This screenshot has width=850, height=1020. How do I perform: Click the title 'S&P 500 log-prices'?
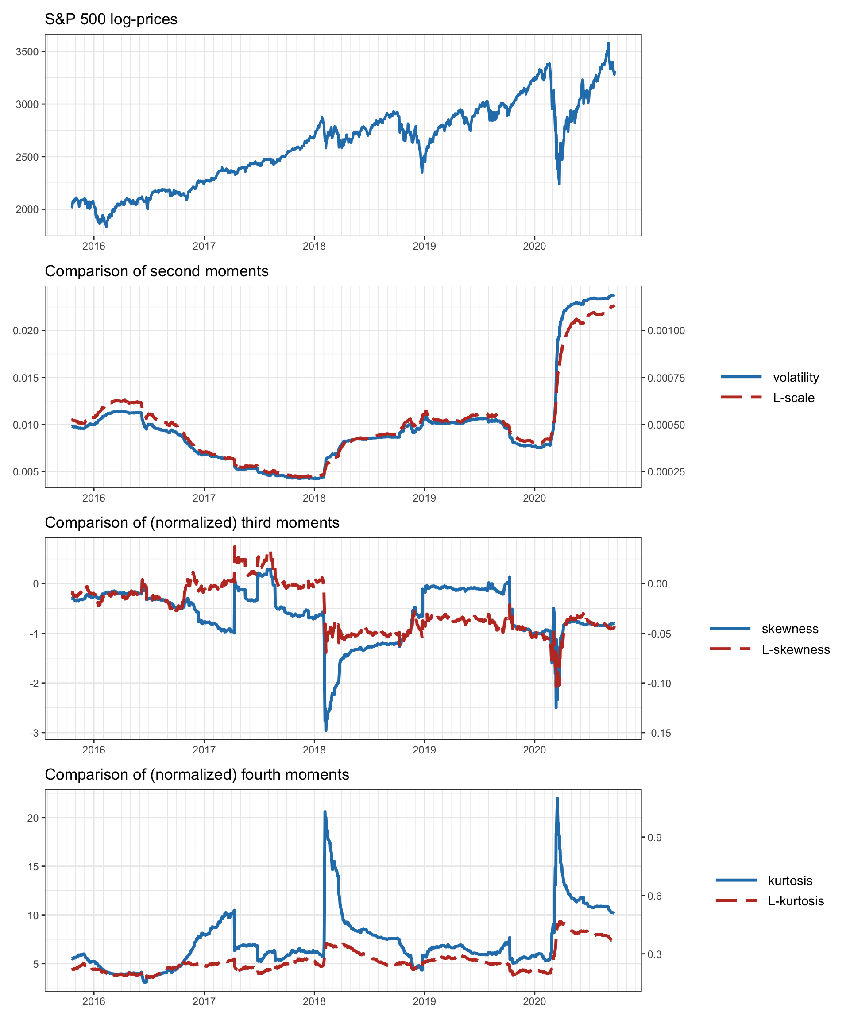tap(111, 19)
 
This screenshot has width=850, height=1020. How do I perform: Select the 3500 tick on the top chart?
tap(27, 52)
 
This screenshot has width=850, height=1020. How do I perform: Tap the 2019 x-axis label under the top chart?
tap(424, 246)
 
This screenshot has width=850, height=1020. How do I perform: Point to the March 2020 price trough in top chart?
tap(559, 184)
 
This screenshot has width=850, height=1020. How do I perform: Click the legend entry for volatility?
tap(796, 377)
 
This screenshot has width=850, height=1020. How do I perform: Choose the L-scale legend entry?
tap(794, 398)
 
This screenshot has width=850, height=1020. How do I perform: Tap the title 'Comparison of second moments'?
tap(156, 271)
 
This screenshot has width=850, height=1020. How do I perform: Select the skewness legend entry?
tap(790, 629)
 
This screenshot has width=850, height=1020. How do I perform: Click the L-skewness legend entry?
tap(796, 650)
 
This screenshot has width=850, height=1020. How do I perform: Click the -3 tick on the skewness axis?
tap(34, 734)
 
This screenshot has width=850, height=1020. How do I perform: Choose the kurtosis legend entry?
tap(790, 881)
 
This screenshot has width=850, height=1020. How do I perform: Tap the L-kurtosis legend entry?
tap(796, 901)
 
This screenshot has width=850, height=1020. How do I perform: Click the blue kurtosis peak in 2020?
tap(557, 799)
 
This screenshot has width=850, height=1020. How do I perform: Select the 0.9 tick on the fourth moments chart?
tap(654, 837)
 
